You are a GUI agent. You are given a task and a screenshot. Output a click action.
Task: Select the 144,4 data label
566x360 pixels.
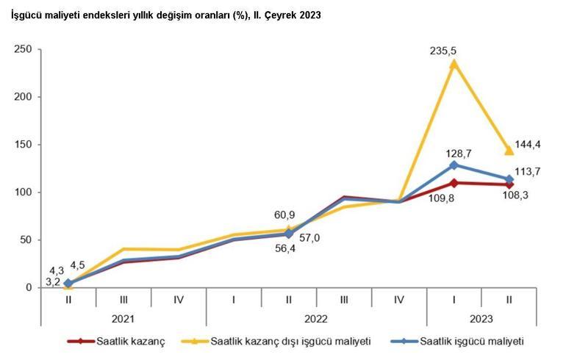(x=527, y=145)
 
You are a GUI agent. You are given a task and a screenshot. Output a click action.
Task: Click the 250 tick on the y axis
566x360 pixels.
(x=23, y=49)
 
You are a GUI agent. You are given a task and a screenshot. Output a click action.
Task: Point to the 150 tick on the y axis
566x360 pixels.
(x=23, y=145)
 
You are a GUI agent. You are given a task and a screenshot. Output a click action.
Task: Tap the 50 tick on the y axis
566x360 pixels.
(x=26, y=240)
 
